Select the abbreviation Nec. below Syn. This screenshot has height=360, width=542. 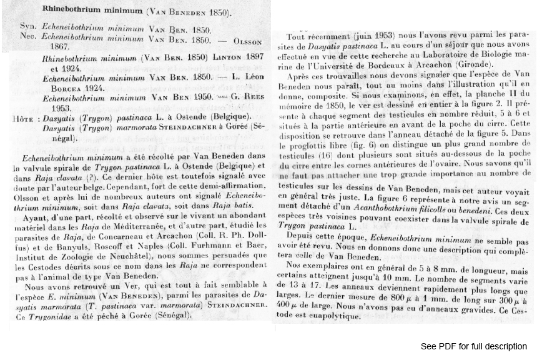pyautogui.click(x=29, y=37)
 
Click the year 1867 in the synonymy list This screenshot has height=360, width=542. pyautogui.click(x=52, y=46)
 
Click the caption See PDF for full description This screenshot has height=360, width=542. pyautogui.click(x=473, y=346)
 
